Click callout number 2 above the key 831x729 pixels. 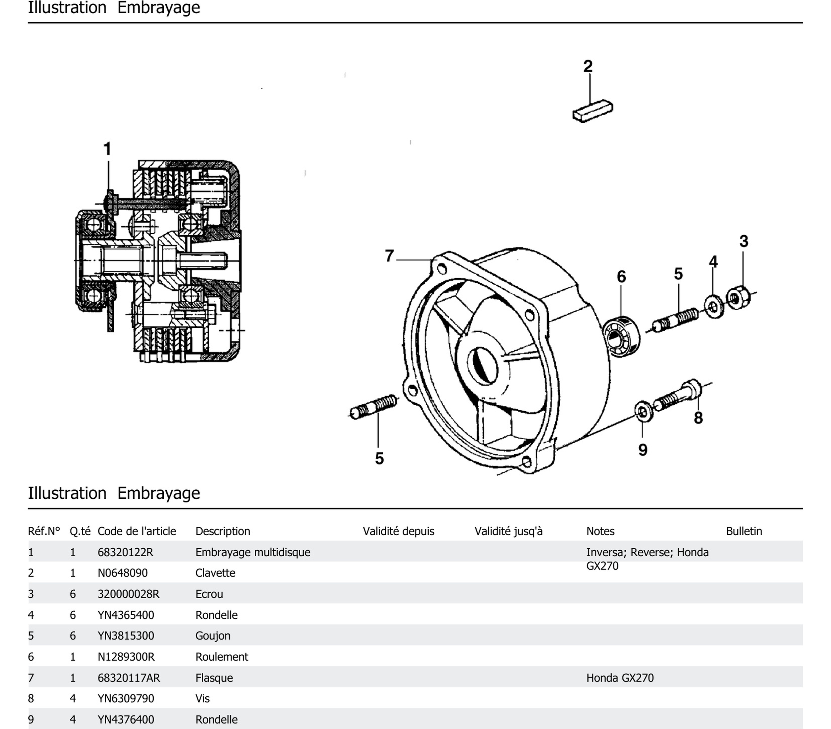tap(588, 66)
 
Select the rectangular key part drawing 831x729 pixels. tap(593, 110)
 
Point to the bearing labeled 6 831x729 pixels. tap(620, 336)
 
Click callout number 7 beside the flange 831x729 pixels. tap(389, 256)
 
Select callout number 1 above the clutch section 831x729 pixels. tap(107, 149)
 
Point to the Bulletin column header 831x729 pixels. tap(744, 531)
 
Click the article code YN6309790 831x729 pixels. tap(126, 699)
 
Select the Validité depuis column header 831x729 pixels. tap(398, 531)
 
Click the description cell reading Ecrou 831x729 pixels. tap(209, 594)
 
